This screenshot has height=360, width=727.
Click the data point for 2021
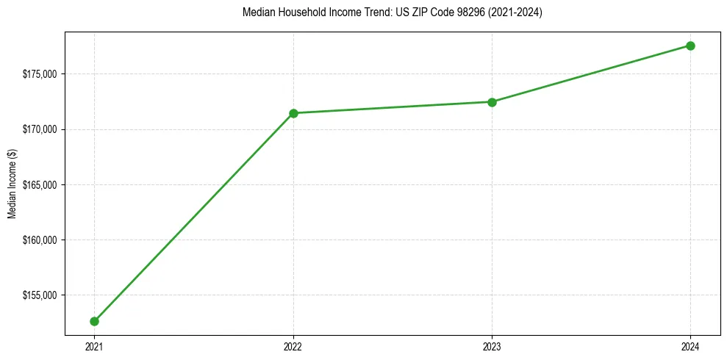pyautogui.click(x=95, y=321)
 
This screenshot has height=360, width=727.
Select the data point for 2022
pyautogui.click(x=293, y=113)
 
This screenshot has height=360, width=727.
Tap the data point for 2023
pyautogui.click(x=492, y=102)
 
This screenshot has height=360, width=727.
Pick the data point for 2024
pyautogui.click(x=690, y=46)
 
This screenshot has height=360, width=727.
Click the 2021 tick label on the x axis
pyautogui.click(x=95, y=345)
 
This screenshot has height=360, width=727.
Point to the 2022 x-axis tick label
pyautogui.click(x=293, y=345)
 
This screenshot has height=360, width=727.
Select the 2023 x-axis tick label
pyautogui.click(x=492, y=345)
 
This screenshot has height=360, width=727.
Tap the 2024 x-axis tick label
pyautogui.click(x=690, y=345)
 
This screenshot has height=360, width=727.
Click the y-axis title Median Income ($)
pyautogui.click(x=12, y=184)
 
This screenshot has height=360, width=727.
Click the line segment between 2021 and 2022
pyautogui.click(x=194, y=217)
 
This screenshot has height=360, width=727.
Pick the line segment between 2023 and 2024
pyautogui.click(x=591, y=74)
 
